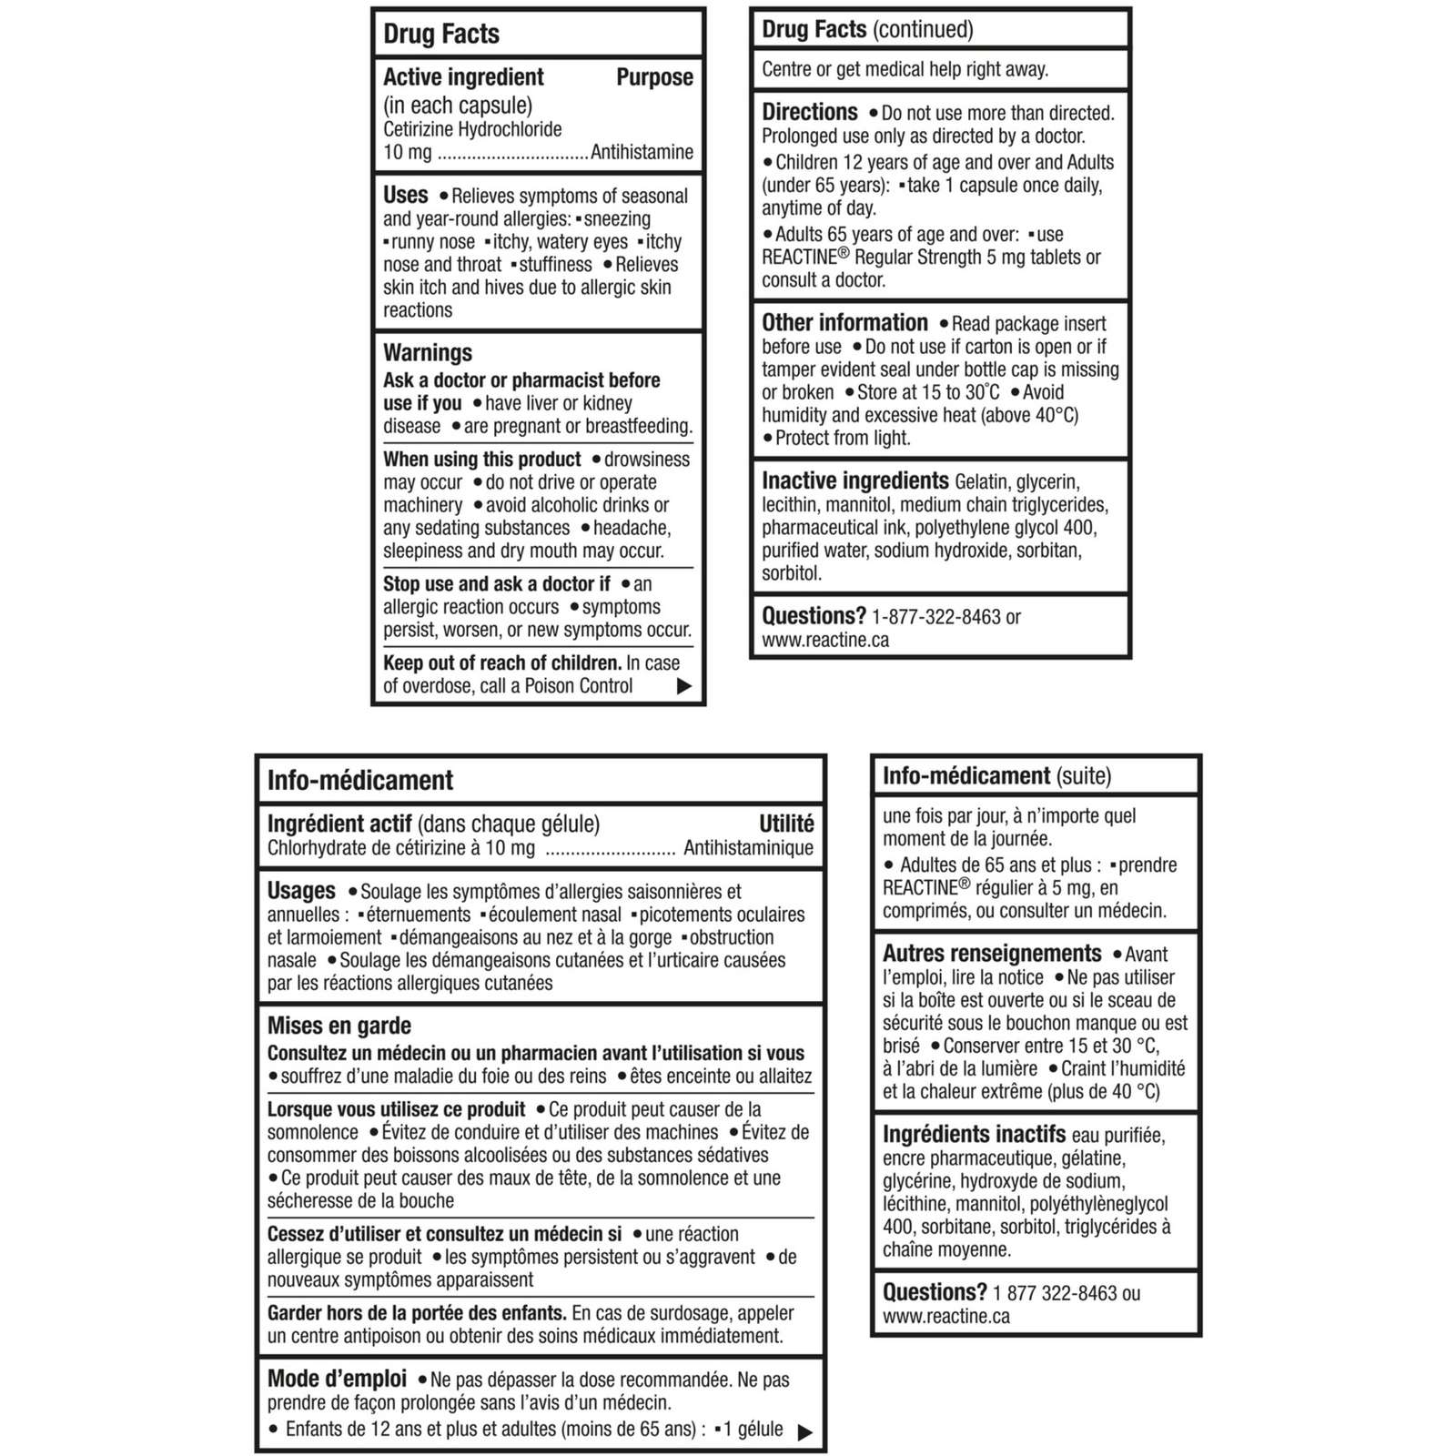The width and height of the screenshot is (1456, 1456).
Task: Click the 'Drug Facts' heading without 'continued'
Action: point(441,35)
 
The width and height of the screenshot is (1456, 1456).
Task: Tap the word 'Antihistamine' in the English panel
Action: point(642,152)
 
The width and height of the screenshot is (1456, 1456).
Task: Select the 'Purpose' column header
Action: point(654,77)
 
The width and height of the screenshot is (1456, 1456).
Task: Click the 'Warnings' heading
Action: point(428,353)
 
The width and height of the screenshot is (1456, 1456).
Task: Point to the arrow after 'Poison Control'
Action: point(684,686)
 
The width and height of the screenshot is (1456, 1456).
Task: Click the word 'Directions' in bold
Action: point(809,112)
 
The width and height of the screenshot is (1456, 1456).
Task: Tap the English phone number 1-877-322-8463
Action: point(935,617)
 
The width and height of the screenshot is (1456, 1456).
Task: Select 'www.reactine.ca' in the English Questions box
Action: point(825,640)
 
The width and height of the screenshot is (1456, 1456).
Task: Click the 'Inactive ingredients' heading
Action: point(854,480)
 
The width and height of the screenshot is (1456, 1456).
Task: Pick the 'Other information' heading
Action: point(844,323)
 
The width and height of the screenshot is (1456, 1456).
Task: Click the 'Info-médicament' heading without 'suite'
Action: point(359,781)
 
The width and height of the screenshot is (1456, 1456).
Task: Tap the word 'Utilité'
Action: point(786,824)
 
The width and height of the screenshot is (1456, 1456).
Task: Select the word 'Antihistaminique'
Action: point(748,848)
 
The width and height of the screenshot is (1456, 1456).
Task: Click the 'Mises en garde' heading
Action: point(339,1026)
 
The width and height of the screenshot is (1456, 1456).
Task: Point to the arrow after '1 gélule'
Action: point(804,1432)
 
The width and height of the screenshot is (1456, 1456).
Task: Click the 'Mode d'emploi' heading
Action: point(337,1379)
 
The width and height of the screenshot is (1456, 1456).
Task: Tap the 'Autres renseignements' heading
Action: point(992,953)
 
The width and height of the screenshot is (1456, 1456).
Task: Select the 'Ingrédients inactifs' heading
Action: point(974,1135)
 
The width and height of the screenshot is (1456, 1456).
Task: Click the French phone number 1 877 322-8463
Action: point(1055,1293)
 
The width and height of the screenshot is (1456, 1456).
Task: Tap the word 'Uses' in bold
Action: point(406,195)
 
